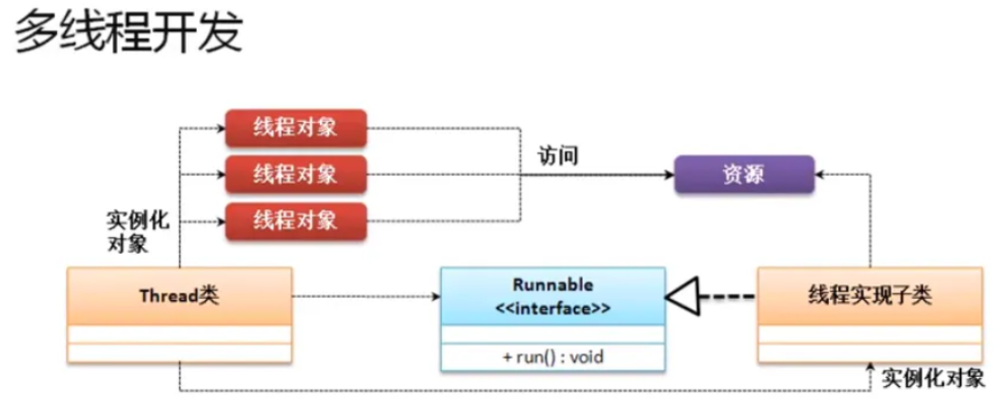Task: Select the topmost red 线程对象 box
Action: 295,128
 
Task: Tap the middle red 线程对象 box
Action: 295,173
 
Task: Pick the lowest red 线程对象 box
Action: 295,220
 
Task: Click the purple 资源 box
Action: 743,174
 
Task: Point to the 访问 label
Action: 557,156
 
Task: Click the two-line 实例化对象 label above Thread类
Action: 137,232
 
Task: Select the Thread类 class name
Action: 179,295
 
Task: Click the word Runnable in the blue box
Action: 552,284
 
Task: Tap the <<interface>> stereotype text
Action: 552,308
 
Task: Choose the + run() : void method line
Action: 552,356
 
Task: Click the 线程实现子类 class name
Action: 869,295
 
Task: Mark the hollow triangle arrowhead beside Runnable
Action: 681,296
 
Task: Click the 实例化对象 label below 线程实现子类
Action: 932,378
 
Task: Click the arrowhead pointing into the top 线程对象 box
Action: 219,128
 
